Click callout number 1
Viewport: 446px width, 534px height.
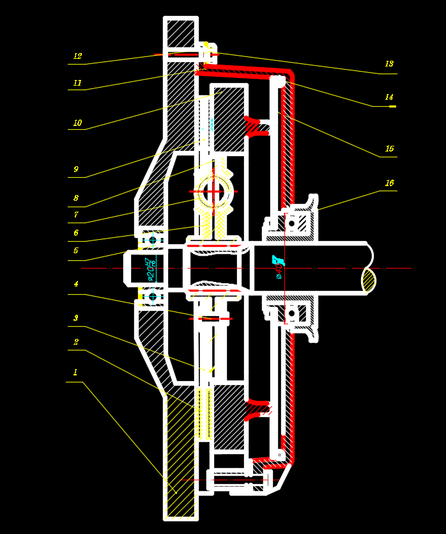click(75, 372)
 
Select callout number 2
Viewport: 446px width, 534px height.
click(76, 342)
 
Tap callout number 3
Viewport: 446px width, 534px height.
click(76, 318)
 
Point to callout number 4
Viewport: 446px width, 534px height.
click(76, 284)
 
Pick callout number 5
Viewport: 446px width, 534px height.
click(76, 251)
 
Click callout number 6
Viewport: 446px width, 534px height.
click(76, 233)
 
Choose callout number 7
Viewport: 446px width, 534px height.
click(76, 215)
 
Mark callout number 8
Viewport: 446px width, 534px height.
click(76, 198)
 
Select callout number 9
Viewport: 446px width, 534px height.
click(76, 169)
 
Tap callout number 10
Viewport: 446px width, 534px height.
click(77, 123)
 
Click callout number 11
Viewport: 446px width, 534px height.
click(77, 83)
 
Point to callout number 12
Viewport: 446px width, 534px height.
click(77, 56)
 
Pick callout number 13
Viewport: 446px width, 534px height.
click(389, 64)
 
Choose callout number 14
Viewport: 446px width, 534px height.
click(389, 97)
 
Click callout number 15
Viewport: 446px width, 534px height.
click(389, 149)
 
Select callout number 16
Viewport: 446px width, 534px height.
click(389, 183)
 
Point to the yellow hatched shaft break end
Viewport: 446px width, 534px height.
click(369, 280)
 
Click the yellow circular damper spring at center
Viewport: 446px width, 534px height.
click(213, 191)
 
